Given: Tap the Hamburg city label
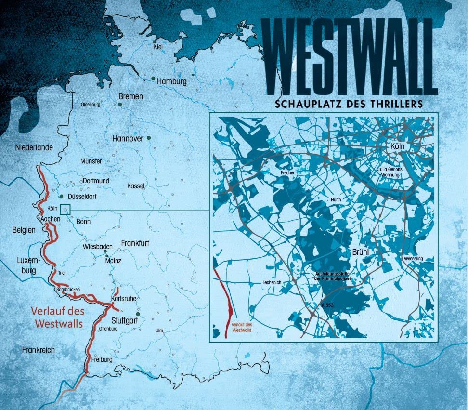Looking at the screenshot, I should point(172,81).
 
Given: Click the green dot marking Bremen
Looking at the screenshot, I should point(120,104).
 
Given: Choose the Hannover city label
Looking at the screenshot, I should point(127,138).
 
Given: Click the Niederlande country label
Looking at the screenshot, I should point(34,147).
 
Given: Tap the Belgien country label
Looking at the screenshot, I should point(24,230).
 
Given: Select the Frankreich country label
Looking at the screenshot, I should point(38,350).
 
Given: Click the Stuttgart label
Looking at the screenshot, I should point(124,319).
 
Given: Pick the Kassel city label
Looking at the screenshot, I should point(136,186).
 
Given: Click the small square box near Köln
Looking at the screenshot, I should point(65,209).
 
